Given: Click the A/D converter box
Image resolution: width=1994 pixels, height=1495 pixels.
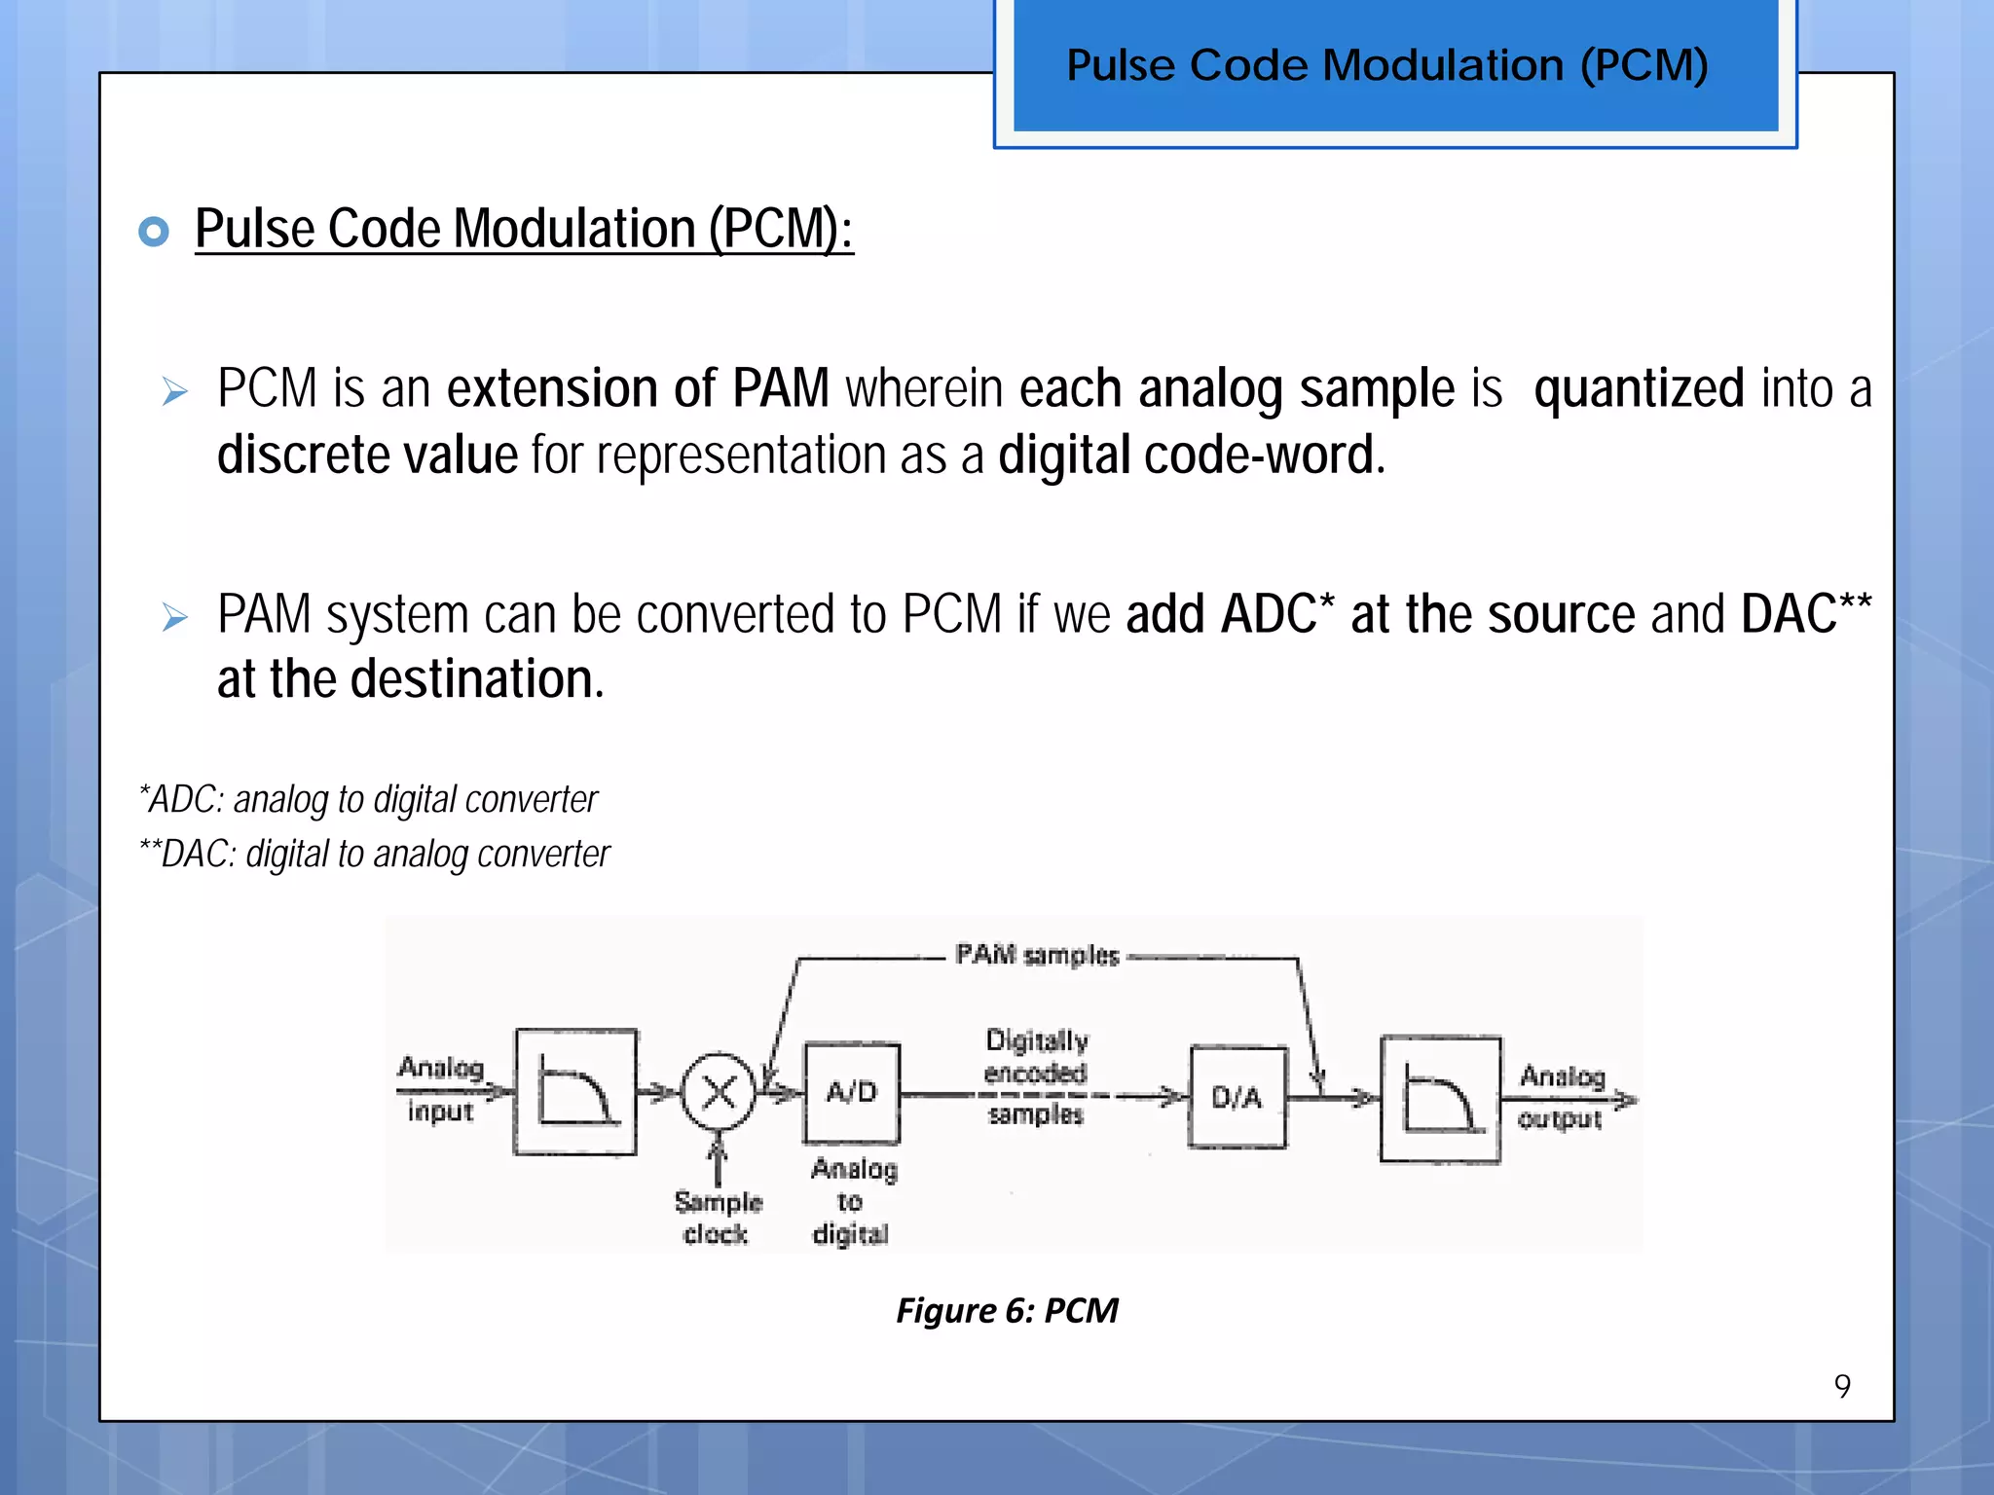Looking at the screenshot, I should click(852, 1092).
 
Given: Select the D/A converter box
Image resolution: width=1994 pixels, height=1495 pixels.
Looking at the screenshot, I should click(1237, 1098).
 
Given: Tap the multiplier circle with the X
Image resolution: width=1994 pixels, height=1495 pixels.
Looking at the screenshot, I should click(719, 1092).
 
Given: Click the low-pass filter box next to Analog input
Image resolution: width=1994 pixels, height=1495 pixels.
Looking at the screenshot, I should click(575, 1092).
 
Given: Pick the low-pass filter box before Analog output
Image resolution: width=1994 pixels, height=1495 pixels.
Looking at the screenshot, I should click(1440, 1100).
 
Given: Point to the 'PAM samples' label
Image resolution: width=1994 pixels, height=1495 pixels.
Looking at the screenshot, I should click(1037, 955).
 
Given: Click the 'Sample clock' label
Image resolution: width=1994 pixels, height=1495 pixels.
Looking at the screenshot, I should click(718, 1218).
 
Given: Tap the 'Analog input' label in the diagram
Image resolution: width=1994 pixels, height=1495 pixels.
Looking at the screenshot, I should click(440, 1089).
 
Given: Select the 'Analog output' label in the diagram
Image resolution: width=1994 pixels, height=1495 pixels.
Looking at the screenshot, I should click(1561, 1097).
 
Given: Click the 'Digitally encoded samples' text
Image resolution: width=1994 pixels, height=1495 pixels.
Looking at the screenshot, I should click(1036, 1076).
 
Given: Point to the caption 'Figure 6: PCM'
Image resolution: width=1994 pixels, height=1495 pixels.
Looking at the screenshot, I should click(1007, 1310).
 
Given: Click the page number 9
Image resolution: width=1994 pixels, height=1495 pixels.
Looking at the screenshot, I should click(1842, 1386).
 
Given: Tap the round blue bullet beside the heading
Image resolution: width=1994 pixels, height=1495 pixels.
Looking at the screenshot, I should click(154, 232).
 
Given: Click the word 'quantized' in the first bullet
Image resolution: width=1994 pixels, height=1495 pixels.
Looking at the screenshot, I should click(1639, 388).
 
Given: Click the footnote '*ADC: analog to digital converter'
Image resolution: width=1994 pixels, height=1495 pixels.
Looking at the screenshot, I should click(369, 799).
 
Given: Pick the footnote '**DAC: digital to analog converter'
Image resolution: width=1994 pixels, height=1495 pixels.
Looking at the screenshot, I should click(375, 854).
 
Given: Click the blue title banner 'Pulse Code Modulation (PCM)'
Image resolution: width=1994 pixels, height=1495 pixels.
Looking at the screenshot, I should click(1395, 66).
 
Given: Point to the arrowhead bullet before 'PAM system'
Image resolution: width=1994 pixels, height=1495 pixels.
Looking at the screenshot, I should click(175, 617).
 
